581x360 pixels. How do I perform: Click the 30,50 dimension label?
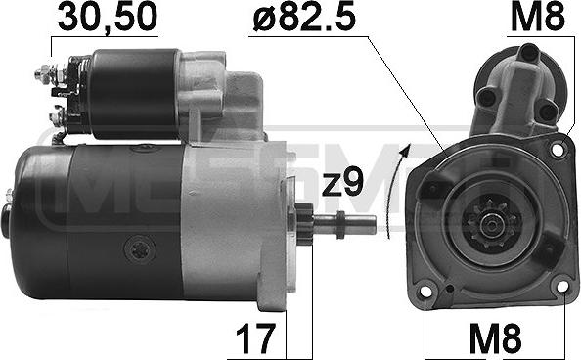(x=108, y=18)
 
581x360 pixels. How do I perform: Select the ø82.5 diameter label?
(x=304, y=18)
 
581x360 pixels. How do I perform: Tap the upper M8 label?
(x=538, y=18)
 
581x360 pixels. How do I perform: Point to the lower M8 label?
(x=495, y=337)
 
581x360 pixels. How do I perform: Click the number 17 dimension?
(x=255, y=338)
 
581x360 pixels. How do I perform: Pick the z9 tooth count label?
(x=342, y=183)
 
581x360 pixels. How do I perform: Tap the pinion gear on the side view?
(x=305, y=224)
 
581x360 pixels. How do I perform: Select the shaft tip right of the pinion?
(x=358, y=225)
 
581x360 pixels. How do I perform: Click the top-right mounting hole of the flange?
(x=558, y=150)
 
